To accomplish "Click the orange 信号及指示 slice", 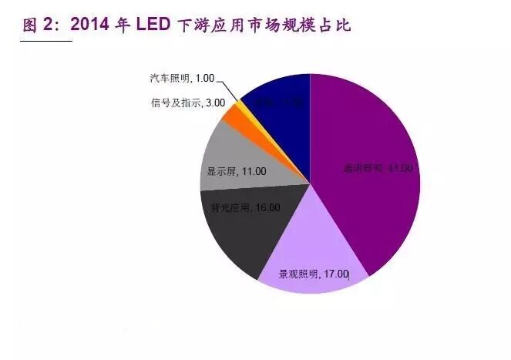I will [x=232, y=116].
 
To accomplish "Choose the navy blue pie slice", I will [x=277, y=116].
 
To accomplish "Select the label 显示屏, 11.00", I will [x=235, y=172].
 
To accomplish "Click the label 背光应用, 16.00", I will [x=245, y=207].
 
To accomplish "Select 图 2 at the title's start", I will [x=38, y=25].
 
